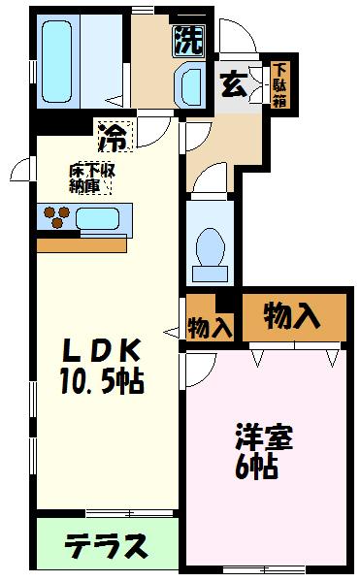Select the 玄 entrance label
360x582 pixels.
[x=234, y=83]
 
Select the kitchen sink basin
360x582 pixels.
[x=96, y=216]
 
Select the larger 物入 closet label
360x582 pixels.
[x=293, y=314]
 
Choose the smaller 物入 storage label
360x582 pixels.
[x=210, y=327]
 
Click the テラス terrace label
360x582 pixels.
[x=107, y=545]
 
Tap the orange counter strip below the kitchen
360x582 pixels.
[x=82, y=243]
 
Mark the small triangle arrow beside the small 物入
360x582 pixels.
[x=171, y=334]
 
